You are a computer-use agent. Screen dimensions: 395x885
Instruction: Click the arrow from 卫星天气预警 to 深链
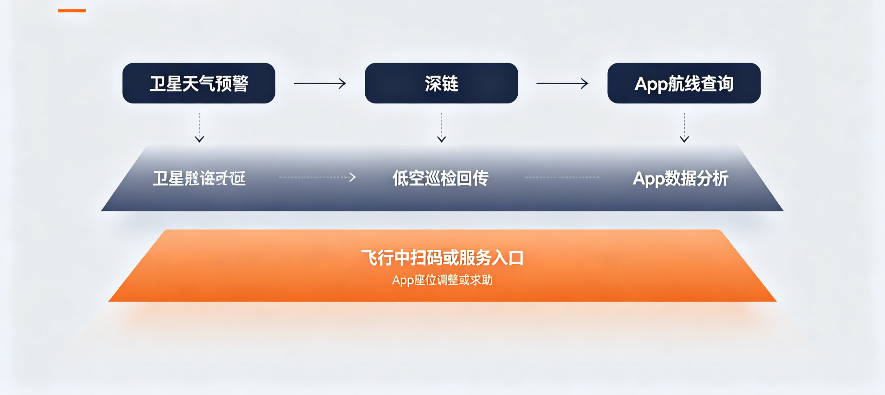320,83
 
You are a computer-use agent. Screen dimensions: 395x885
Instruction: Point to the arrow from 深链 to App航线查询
562,83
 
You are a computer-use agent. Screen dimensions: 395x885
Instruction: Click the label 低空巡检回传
440,178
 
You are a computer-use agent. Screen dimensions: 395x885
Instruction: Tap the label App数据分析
680,178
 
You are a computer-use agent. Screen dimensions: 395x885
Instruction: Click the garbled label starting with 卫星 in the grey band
199,178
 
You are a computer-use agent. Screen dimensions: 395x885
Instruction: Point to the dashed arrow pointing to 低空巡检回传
317,177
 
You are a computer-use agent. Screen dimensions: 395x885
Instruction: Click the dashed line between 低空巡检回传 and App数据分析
562,177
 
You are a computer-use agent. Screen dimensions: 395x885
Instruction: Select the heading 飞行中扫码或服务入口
442,258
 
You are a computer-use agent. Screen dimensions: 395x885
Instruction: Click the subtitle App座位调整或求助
442,280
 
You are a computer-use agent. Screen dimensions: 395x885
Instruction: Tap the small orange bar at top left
72,11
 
